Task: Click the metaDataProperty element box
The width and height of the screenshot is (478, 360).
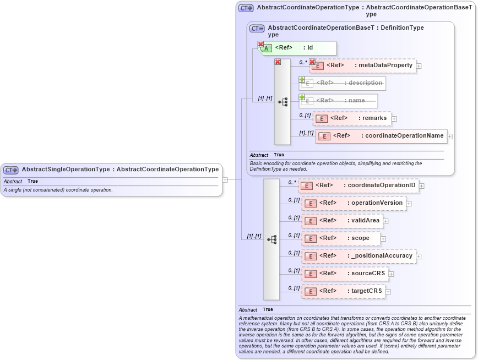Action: pyautogui.click(x=362, y=66)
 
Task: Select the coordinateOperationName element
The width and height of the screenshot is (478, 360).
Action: pyautogui.click(x=381, y=136)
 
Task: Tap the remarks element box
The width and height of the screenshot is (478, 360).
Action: pyautogui.click(x=352, y=118)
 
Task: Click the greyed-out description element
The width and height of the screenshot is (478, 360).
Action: pyautogui.click(x=343, y=83)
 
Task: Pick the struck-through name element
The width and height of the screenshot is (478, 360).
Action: pyautogui.click(x=339, y=101)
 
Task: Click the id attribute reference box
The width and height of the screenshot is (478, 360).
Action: pyautogui.click(x=297, y=48)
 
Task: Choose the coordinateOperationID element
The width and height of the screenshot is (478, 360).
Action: pyautogui.click(x=358, y=186)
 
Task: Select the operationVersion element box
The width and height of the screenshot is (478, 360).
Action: pyautogui.click(x=354, y=203)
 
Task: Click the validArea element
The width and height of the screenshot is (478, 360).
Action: pyautogui.click(x=343, y=221)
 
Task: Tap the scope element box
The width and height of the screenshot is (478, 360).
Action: pyautogui.click(x=341, y=238)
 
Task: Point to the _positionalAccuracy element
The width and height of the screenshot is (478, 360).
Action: pyautogui.click(x=359, y=256)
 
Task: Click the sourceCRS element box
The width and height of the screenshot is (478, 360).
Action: pyautogui.click(x=345, y=274)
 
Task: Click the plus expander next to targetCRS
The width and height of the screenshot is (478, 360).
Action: pyautogui.click(x=388, y=292)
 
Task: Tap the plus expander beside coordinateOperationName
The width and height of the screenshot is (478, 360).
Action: pyautogui.click(x=450, y=137)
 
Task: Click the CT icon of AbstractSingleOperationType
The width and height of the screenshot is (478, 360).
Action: pyautogui.click(x=11, y=170)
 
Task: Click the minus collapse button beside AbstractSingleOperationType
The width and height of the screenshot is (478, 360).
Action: pyautogui.click(x=225, y=179)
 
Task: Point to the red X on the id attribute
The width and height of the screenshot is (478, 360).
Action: pyautogui.click(x=260, y=44)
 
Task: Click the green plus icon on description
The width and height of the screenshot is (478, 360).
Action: pyautogui.click(x=302, y=79)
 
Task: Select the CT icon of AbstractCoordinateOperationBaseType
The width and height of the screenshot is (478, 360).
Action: pyautogui.click(x=257, y=28)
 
